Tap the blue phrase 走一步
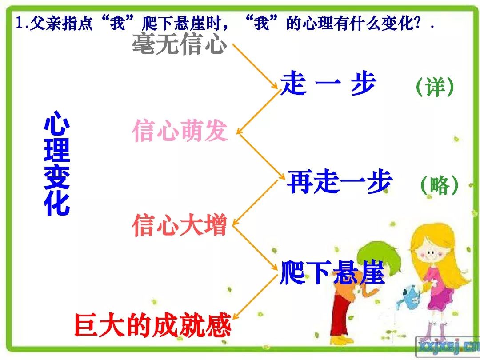tap(328, 83)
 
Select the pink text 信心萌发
tap(180, 131)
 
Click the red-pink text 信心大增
tap(180, 226)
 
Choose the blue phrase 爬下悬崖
tap(332, 272)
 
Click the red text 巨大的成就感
tap(153, 325)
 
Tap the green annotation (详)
tap(435, 87)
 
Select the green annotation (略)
tap(440, 185)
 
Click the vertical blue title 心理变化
tap(57, 163)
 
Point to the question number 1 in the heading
tap(20, 23)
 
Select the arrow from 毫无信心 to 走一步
tap(255, 66)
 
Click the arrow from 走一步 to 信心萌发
tap(258, 112)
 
